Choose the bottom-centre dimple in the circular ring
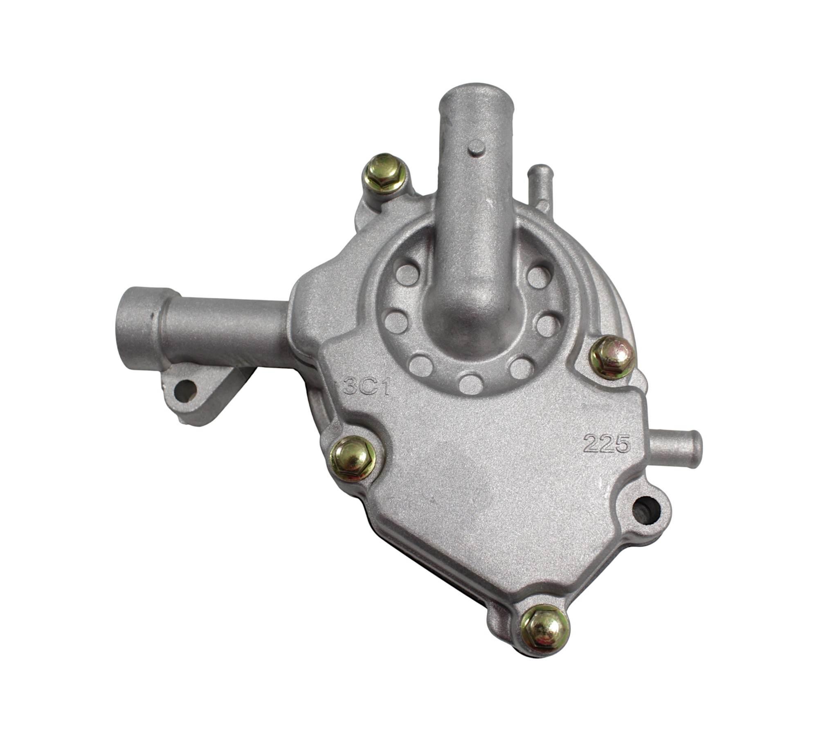pos(467,382)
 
